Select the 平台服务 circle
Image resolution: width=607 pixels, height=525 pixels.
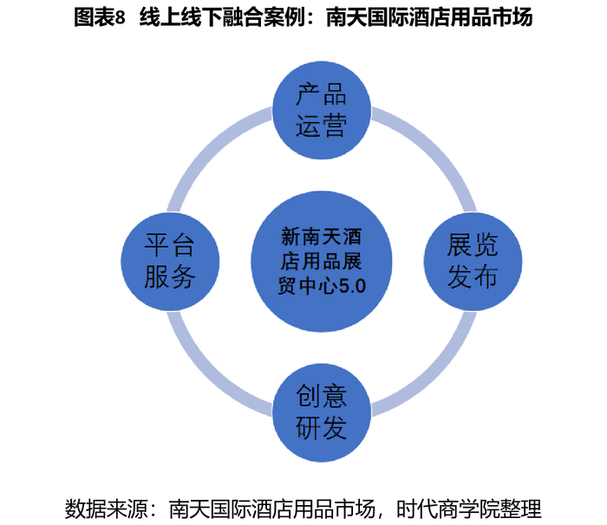[x=169, y=262]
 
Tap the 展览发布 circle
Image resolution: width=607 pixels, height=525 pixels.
[x=473, y=262]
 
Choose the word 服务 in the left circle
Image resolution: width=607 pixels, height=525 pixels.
[x=169, y=278]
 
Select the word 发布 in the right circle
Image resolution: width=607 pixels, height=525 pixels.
[x=473, y=277]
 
